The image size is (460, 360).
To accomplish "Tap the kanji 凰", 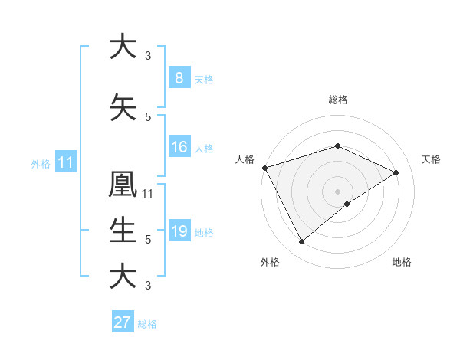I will pos(123,185).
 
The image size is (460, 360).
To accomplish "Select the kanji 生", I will pos(123,229).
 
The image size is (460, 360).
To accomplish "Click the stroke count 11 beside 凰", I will pos(148,194).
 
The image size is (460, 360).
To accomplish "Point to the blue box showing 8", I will pos(179,78).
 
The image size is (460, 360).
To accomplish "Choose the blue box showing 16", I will pos(179,147).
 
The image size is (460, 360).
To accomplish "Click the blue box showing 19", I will pos(179,231).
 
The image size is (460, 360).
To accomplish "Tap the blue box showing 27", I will pos(123,322).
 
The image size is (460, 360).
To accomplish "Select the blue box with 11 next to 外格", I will pos(65,162).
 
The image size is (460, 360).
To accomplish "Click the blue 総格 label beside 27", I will pos(147,324).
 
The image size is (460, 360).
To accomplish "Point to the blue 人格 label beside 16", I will pos(204,149).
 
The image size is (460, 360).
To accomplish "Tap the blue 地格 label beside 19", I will pos(204,233).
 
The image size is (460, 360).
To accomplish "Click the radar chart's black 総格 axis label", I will pos(337,100).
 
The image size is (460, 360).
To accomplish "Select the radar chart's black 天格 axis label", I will pos(432,159).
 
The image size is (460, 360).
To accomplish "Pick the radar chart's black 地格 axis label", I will pos(402,262).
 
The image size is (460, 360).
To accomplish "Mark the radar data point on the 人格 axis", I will pos(264,168).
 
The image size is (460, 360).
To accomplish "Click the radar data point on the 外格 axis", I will pos(301,242).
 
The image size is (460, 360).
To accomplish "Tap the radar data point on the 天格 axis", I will pos(396,172).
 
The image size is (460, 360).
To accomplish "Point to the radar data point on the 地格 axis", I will pos(347,204).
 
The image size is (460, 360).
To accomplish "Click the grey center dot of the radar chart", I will pos(337,191).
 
